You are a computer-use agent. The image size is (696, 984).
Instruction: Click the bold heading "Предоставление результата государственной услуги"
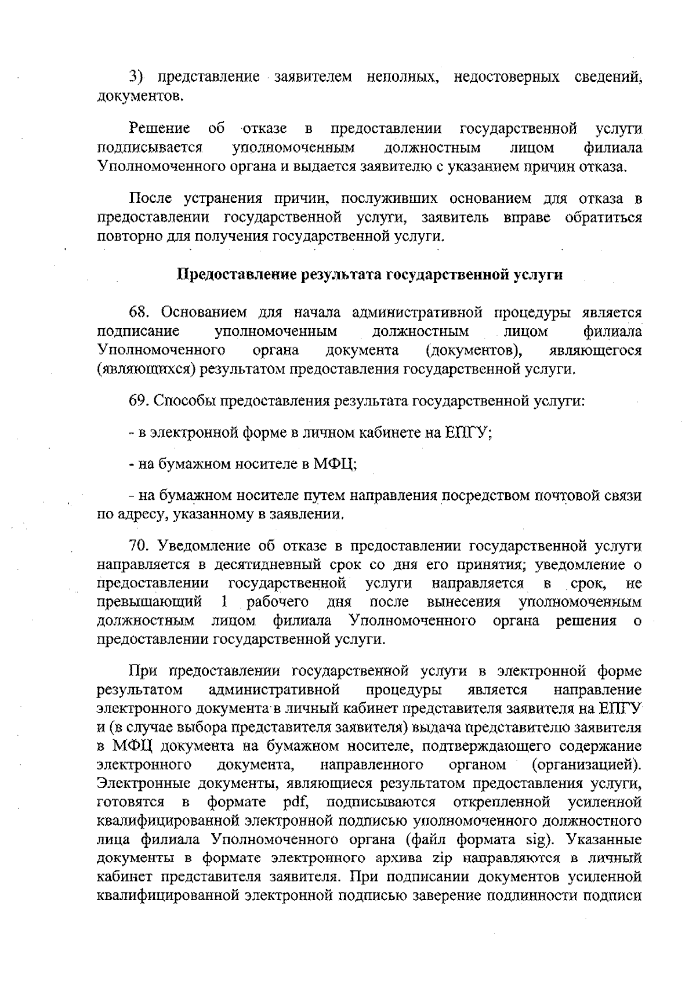tap(369, 275)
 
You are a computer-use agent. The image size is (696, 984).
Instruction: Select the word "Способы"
tap(184, 401)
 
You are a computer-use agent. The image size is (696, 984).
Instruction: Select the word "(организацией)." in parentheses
tap(587, 764)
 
